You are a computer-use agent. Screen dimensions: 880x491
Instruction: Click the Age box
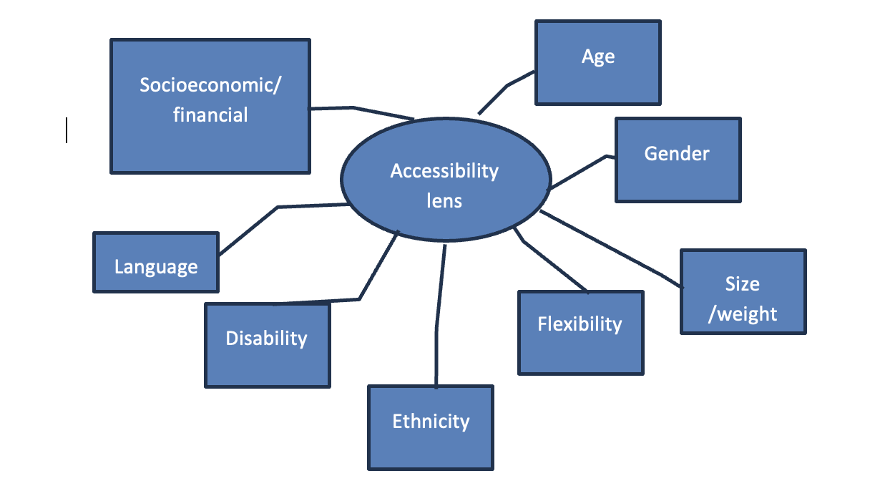pos(597,62)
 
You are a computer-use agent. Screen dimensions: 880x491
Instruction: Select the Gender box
pos(678,160)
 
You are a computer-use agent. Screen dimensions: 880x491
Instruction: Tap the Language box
pos(156,262)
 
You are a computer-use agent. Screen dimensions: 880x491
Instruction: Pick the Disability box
pos(267,345)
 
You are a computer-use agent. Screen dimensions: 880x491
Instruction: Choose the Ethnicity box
pos(430,427)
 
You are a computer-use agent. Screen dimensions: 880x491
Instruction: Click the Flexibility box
pos(580,332)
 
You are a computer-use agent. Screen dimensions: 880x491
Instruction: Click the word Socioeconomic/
pos(210,85)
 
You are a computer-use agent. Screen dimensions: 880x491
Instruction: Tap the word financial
pos(210,115)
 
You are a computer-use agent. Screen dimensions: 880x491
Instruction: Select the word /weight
pos(743,313)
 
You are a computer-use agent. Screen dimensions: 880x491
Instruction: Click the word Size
pos(743,283)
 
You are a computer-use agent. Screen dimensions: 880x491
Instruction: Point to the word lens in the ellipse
pos(444,200)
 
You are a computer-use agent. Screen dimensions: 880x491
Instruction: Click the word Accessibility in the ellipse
pos(444,171)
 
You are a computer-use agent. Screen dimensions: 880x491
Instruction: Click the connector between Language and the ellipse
pos(278,208)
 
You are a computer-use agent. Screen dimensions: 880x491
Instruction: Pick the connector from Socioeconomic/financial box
pos(353,107)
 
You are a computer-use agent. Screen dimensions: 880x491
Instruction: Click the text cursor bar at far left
pos(67,130)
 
